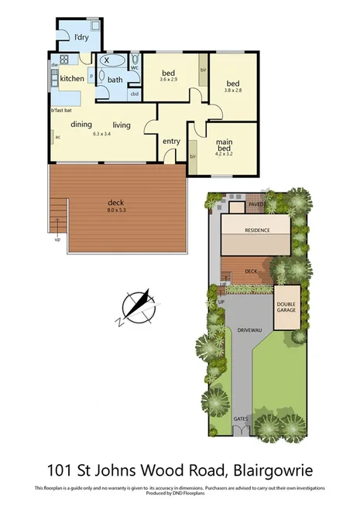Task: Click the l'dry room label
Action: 81,36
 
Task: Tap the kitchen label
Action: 72,79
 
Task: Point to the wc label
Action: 134,68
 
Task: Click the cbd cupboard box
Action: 134,94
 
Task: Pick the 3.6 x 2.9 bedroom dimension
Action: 168,80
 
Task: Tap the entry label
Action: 171,141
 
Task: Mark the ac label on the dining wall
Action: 57,138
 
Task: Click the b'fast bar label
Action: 62,111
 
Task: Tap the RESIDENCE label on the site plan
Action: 257,231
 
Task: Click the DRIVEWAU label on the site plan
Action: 248,328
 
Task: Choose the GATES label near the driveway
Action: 241,418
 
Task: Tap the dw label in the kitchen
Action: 55,66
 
